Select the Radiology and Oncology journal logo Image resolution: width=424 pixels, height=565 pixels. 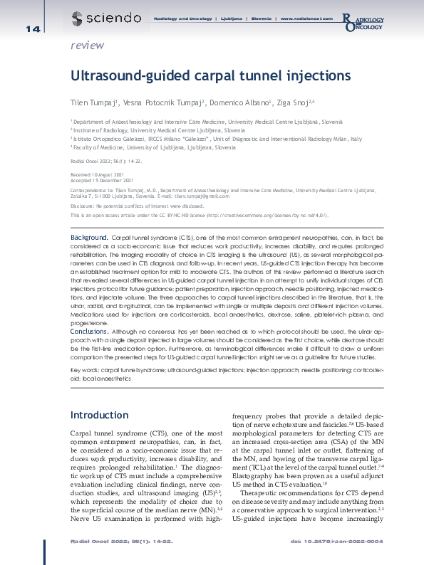coord(365,21)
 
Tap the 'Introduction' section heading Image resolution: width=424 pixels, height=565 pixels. coord(100,414)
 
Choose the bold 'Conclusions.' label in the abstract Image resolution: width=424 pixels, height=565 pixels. coord(89,332)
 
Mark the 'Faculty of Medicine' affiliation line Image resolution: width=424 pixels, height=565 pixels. coord(152,147)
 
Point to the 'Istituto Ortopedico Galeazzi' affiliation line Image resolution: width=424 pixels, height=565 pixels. coord(216,139)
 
